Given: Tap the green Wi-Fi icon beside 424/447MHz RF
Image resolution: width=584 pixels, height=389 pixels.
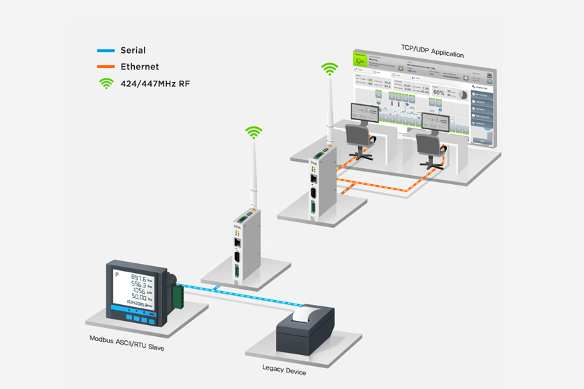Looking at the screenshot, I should coord(106,83).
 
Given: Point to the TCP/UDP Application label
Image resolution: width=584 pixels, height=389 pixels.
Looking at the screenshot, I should coord(432,53).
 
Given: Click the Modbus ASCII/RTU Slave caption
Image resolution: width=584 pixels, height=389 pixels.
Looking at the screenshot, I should coord(127,339).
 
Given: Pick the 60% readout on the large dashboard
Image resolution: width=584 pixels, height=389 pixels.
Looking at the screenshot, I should coord(439,91).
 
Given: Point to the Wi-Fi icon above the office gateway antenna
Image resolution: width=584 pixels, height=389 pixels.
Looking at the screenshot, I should coord(329,69).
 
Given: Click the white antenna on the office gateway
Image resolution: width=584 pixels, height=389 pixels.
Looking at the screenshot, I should coord(328,111).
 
